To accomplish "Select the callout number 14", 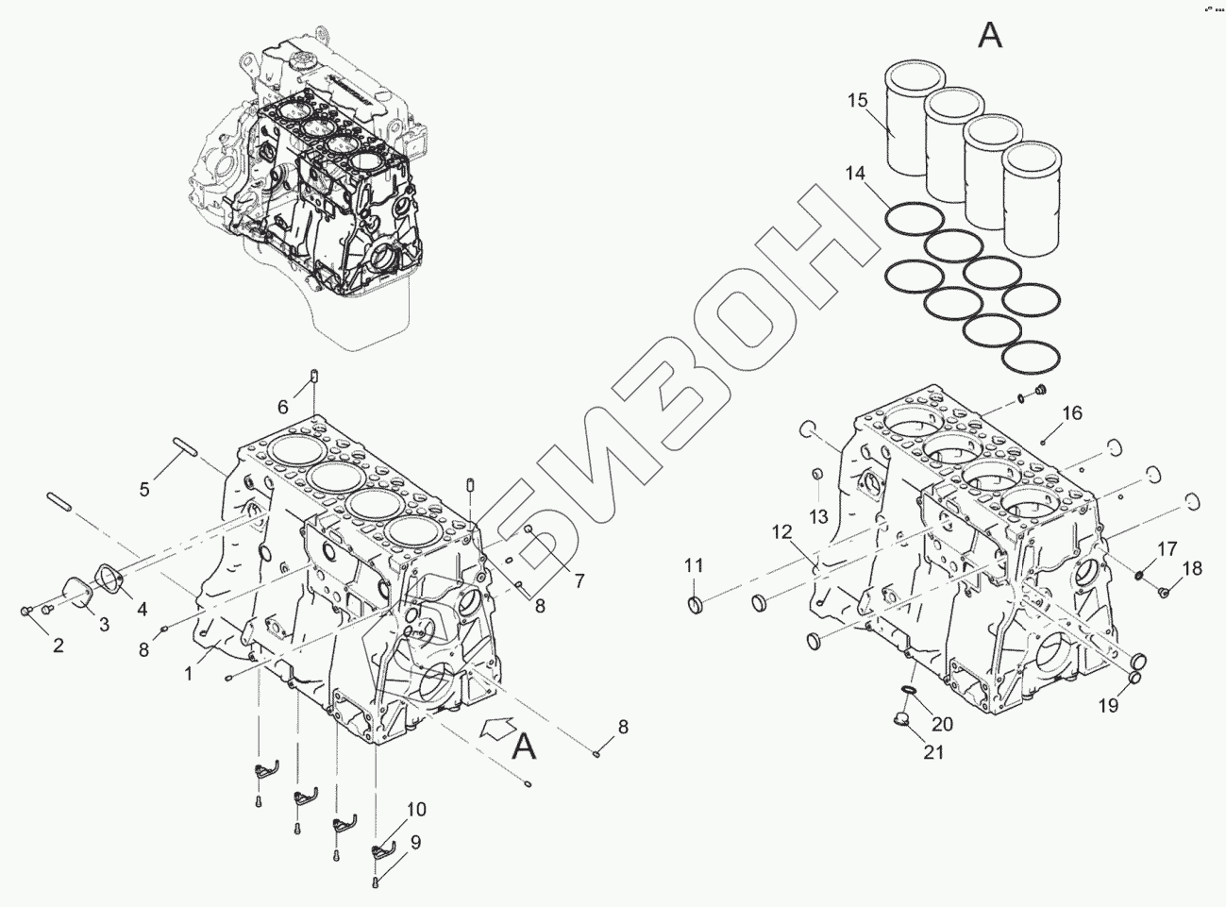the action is [x=854, y=174].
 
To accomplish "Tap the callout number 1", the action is [x=189, y=673].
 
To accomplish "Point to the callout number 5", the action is [x=144, y=489].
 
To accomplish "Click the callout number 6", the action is [x=282, y=407].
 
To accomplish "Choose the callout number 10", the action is [x=416, y=809].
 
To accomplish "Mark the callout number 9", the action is [x=415, y=841].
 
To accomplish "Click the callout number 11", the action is [x=694, y=566].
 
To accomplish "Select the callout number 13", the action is [x=818, y=516].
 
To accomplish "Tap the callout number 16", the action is [x=1072, y=412].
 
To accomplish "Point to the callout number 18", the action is [x=1193, y=568].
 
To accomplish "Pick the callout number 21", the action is [x=933, y=752].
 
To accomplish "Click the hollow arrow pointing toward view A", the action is [x=497, y=729].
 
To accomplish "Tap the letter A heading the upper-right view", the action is [x=989, y=35].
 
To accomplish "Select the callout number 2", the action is [x=59, y=646].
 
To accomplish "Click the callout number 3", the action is [x=104, y=624].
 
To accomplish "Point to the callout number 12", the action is [x=781, y=532].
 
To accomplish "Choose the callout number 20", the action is [x=942, y=724].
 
